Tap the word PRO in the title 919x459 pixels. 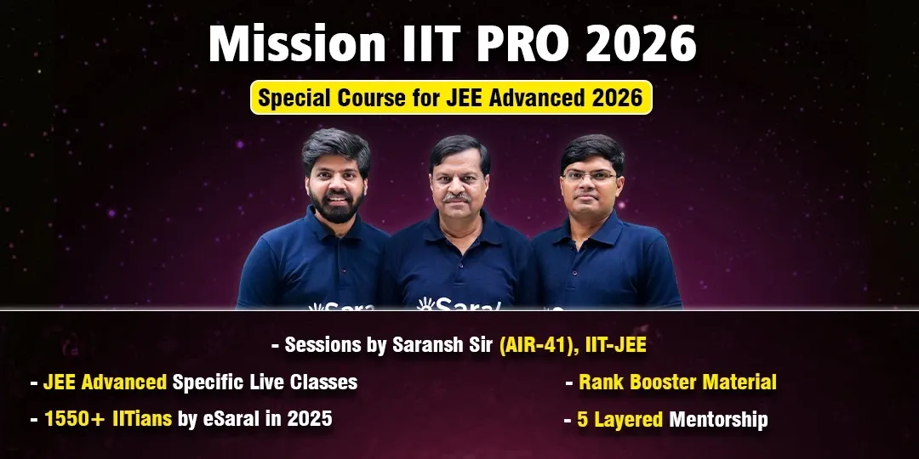tap(515, 44)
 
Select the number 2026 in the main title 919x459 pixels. tap(641, 44)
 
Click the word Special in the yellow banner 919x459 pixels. tap(295, 98)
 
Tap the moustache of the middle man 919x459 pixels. tap(457, 198)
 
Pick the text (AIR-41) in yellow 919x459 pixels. tap(534, 345)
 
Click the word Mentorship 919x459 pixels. tap(718, 419)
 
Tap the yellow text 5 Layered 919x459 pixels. tap(620, 420)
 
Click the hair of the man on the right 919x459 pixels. tap(592, 150)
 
